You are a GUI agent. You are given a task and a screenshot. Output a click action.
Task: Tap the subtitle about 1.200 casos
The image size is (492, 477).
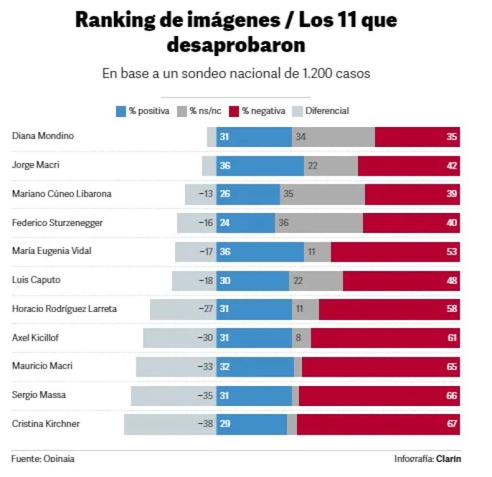[236, 73]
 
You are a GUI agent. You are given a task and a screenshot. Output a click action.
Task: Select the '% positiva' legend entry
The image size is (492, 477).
[143, 111]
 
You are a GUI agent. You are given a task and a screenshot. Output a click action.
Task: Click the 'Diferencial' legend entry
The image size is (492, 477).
[321, 111]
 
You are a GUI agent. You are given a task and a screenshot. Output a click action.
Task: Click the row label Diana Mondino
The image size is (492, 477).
[43, 136]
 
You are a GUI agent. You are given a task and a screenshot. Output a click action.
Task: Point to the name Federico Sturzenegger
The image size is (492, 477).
[57, 222]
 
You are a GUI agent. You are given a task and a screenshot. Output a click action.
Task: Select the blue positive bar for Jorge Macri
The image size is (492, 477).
[260, 166]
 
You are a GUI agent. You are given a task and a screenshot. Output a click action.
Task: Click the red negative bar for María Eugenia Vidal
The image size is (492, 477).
[395, 252]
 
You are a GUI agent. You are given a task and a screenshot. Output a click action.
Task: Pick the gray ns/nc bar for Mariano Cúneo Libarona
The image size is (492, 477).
[322, 194]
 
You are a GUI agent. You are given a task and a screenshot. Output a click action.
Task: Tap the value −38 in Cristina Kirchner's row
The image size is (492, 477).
[204, 424]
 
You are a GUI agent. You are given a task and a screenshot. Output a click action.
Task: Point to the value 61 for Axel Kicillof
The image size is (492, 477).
[452, 338]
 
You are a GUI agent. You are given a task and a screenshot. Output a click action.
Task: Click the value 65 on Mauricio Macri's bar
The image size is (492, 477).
[452, 367]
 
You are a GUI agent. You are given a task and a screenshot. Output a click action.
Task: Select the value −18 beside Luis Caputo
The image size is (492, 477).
[204, 280]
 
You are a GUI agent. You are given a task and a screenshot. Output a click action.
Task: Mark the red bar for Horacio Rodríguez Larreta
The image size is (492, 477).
[389, 309]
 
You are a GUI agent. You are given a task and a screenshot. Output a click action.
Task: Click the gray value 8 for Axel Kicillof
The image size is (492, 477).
[300, 338]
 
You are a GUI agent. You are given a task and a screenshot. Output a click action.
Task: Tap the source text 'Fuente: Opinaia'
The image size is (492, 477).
[43, 459]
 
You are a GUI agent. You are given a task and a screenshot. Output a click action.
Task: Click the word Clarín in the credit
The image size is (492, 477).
[448, 459]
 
